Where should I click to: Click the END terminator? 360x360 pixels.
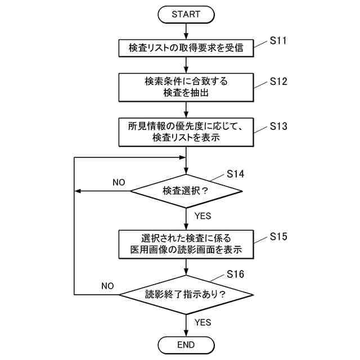(186, 344)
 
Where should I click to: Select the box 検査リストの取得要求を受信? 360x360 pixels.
(186, 48)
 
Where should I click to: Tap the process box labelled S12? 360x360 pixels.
(186, 87)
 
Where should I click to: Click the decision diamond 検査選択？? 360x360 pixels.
(186, 191)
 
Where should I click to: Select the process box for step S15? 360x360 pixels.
(186, 242)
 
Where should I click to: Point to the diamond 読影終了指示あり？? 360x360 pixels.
(186, 294)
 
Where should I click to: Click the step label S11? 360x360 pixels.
(278, 40)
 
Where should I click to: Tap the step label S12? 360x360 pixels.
(278, 82)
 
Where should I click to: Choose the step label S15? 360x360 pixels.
(278, 236)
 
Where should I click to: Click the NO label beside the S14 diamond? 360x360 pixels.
(118, 183)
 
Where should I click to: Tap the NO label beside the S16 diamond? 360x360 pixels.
(107, 286)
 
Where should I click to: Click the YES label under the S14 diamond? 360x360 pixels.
(202, 215)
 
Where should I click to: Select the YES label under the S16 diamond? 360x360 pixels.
(202, 322)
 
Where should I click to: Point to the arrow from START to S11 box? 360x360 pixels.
(186, 31)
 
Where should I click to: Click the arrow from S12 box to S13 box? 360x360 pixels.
(186, 110)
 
